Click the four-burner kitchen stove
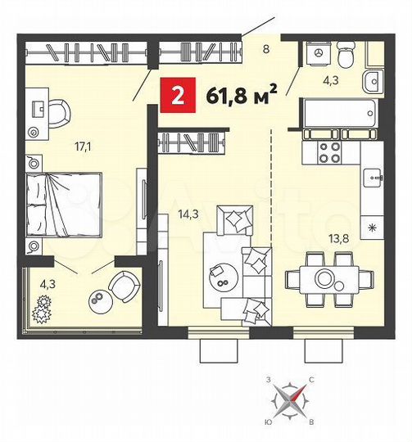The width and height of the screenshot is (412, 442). click(x=328, y=152)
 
